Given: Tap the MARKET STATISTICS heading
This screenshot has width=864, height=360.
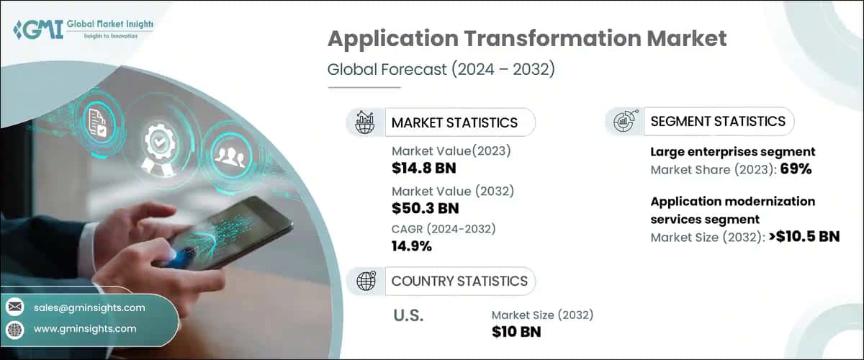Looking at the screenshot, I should tap(454, 122).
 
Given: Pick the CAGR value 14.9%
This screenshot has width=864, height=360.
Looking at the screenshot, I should tap(411, 246).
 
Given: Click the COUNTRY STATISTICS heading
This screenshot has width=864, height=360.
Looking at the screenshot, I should tap(459, 281).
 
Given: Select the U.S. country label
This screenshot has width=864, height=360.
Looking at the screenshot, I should tap(408, 315).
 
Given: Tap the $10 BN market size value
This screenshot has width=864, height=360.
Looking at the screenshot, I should tap(516, 332).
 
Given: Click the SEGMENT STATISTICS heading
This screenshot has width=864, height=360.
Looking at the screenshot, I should tap(717, 122).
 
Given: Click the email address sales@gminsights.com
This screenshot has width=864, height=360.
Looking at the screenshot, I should tap(89, 307).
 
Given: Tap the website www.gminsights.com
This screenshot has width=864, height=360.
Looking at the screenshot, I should tap(85, 329).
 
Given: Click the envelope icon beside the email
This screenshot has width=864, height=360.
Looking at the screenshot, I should tap(15, 307).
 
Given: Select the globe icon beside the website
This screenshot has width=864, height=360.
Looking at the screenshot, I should tap(15, 329).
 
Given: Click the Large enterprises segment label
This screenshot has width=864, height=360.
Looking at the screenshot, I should tap(732, 152).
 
